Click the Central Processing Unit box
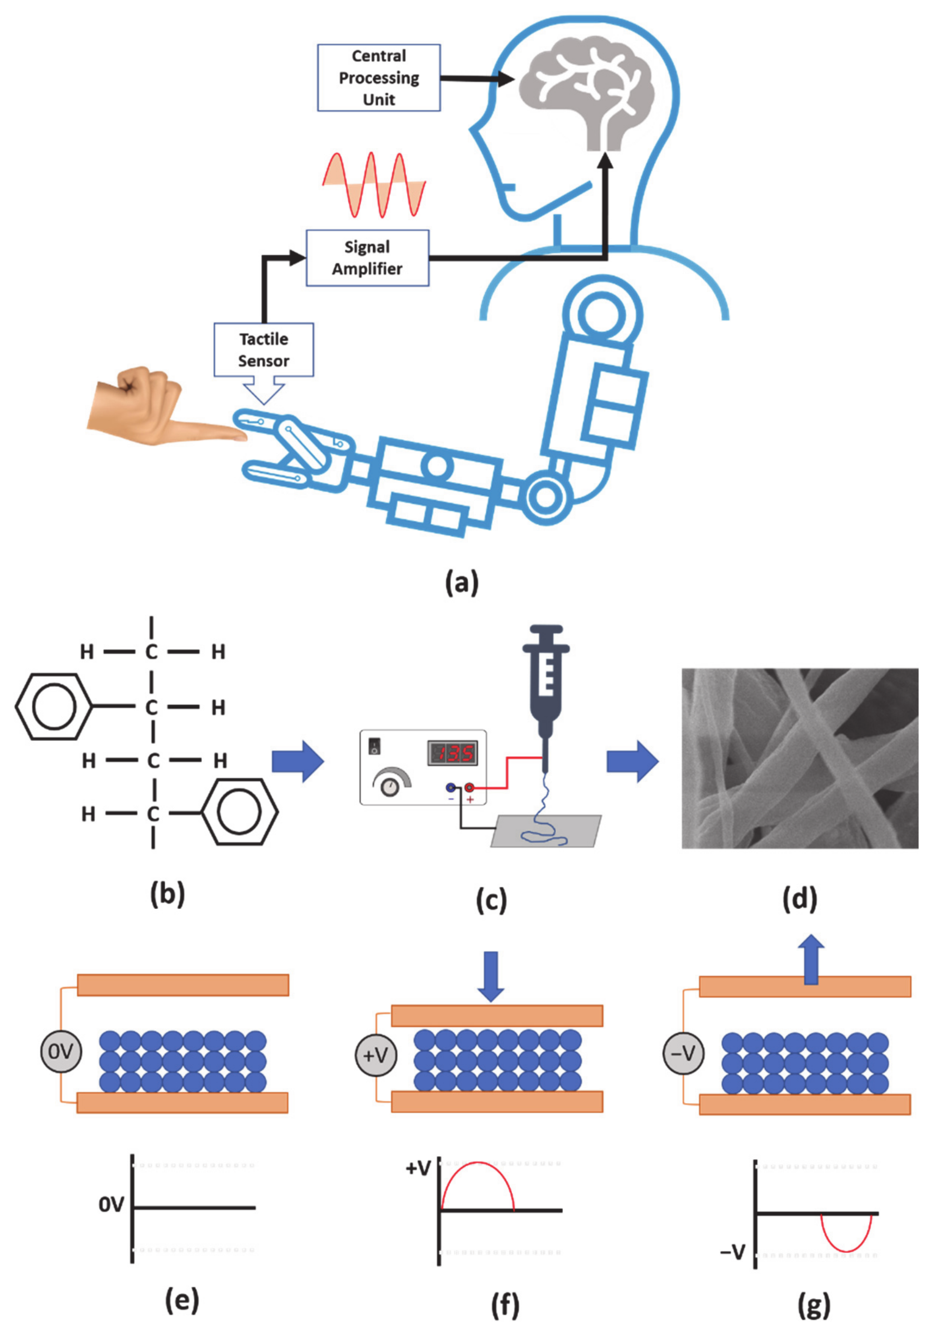[x=379, y=77]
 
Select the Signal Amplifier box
[x=368, y=258]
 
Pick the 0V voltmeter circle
[x=61, y=1051]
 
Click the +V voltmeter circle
[x=375, y=1055]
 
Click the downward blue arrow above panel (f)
[x=491, y=976]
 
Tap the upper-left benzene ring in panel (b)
[x=54, y=707]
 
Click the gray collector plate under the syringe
[x=546, y=831]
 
